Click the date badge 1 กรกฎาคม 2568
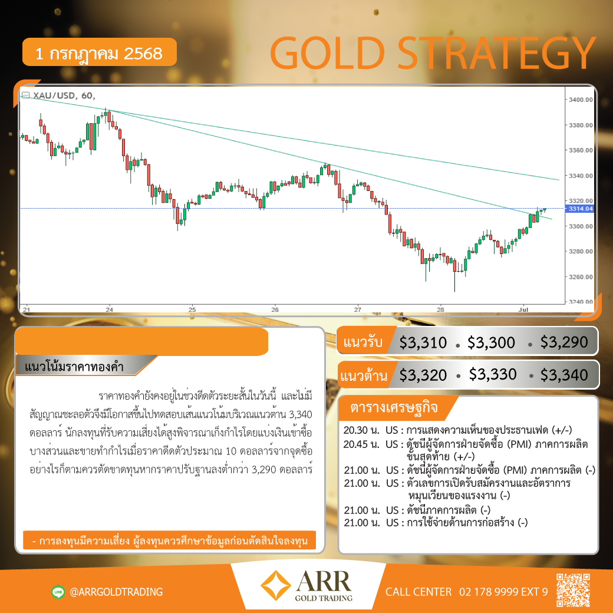tap(99, 52)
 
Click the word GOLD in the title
tap(328, 53)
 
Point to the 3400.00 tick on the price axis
tap(581, 100)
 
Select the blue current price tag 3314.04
tap(580, 209)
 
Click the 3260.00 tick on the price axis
tap(581, 277)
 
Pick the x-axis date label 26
tap(275, 309)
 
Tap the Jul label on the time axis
tap(523, 309)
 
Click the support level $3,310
tap(423, 342)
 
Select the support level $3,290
tap(564, 342)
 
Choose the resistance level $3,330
tap(493, 374)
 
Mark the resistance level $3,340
tap(564, 375)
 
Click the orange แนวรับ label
tap(362, 342)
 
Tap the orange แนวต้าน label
tap(364, 375)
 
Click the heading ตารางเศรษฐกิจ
tap(394, 407)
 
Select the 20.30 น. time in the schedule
tap(361, 430)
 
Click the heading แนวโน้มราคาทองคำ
tap(74, 367)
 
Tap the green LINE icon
tap(58, 592)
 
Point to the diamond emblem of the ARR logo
tap(276, 585)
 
